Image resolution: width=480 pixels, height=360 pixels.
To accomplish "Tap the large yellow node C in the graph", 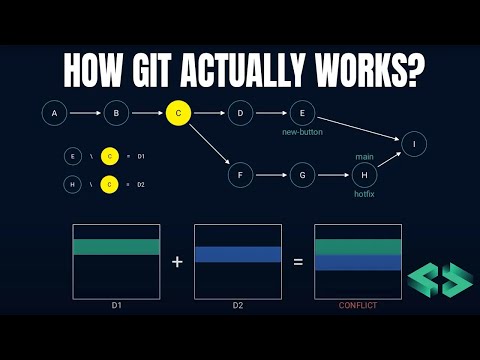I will (178, 113).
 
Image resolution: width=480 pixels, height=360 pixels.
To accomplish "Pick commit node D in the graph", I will (240, 113).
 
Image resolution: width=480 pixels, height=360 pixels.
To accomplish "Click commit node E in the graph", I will (302, 113).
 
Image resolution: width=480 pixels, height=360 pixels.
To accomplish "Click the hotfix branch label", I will (364, 194).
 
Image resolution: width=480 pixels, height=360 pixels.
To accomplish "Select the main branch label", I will (364, 156).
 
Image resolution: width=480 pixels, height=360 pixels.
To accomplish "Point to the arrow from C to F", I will (209, 145).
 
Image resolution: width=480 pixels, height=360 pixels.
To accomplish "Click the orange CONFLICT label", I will (358, 305).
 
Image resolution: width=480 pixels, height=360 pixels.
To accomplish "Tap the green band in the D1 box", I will (116, 246).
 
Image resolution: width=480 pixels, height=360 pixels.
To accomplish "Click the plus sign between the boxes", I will (177, 262).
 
